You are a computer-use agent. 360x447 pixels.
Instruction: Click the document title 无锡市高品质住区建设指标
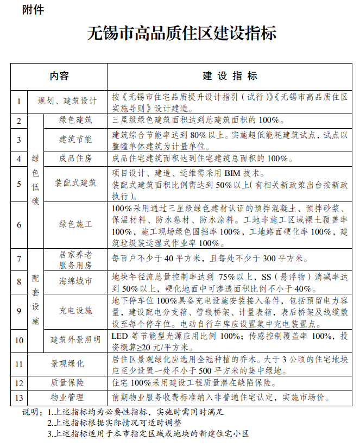point(181,34)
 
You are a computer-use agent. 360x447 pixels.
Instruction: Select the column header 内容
point(60,75)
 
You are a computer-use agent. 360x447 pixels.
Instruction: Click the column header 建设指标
point(230,75)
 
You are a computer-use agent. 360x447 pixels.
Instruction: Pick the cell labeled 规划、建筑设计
point(67,101)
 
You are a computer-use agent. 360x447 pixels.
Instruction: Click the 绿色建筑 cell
point(75,119)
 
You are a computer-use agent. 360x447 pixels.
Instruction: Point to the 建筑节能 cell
point(75,139)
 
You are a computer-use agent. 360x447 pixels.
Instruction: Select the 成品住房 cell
point(75,159)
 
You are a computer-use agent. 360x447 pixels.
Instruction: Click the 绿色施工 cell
point(75,224)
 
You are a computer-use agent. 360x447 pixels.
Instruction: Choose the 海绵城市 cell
point(75,281)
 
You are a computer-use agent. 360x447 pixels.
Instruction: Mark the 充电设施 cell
point(75,311)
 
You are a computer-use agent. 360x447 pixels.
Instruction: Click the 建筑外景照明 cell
point(75,340)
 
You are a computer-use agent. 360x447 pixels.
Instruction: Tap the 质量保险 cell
point(67,382)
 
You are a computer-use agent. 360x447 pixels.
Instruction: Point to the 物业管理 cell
point(67,397)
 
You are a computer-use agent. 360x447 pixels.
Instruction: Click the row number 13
point(18,397)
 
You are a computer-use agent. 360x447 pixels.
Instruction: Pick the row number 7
point(18,258)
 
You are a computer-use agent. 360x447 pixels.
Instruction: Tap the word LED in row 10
point(121,335)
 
